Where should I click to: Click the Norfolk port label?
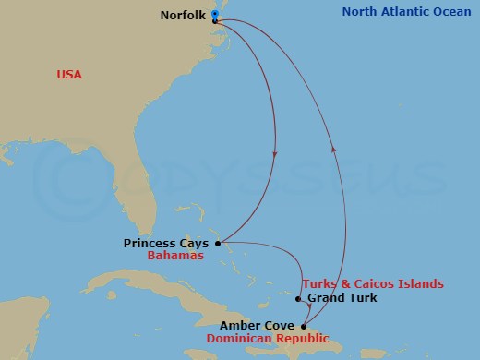point(183,15)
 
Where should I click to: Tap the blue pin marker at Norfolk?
point(214,14)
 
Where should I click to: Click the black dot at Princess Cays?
point(218,244)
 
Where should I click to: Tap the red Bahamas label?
point(174,257)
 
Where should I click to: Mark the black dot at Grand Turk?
point(297,298)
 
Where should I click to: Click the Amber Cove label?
point(257,326)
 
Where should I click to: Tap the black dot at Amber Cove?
point(305,326)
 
